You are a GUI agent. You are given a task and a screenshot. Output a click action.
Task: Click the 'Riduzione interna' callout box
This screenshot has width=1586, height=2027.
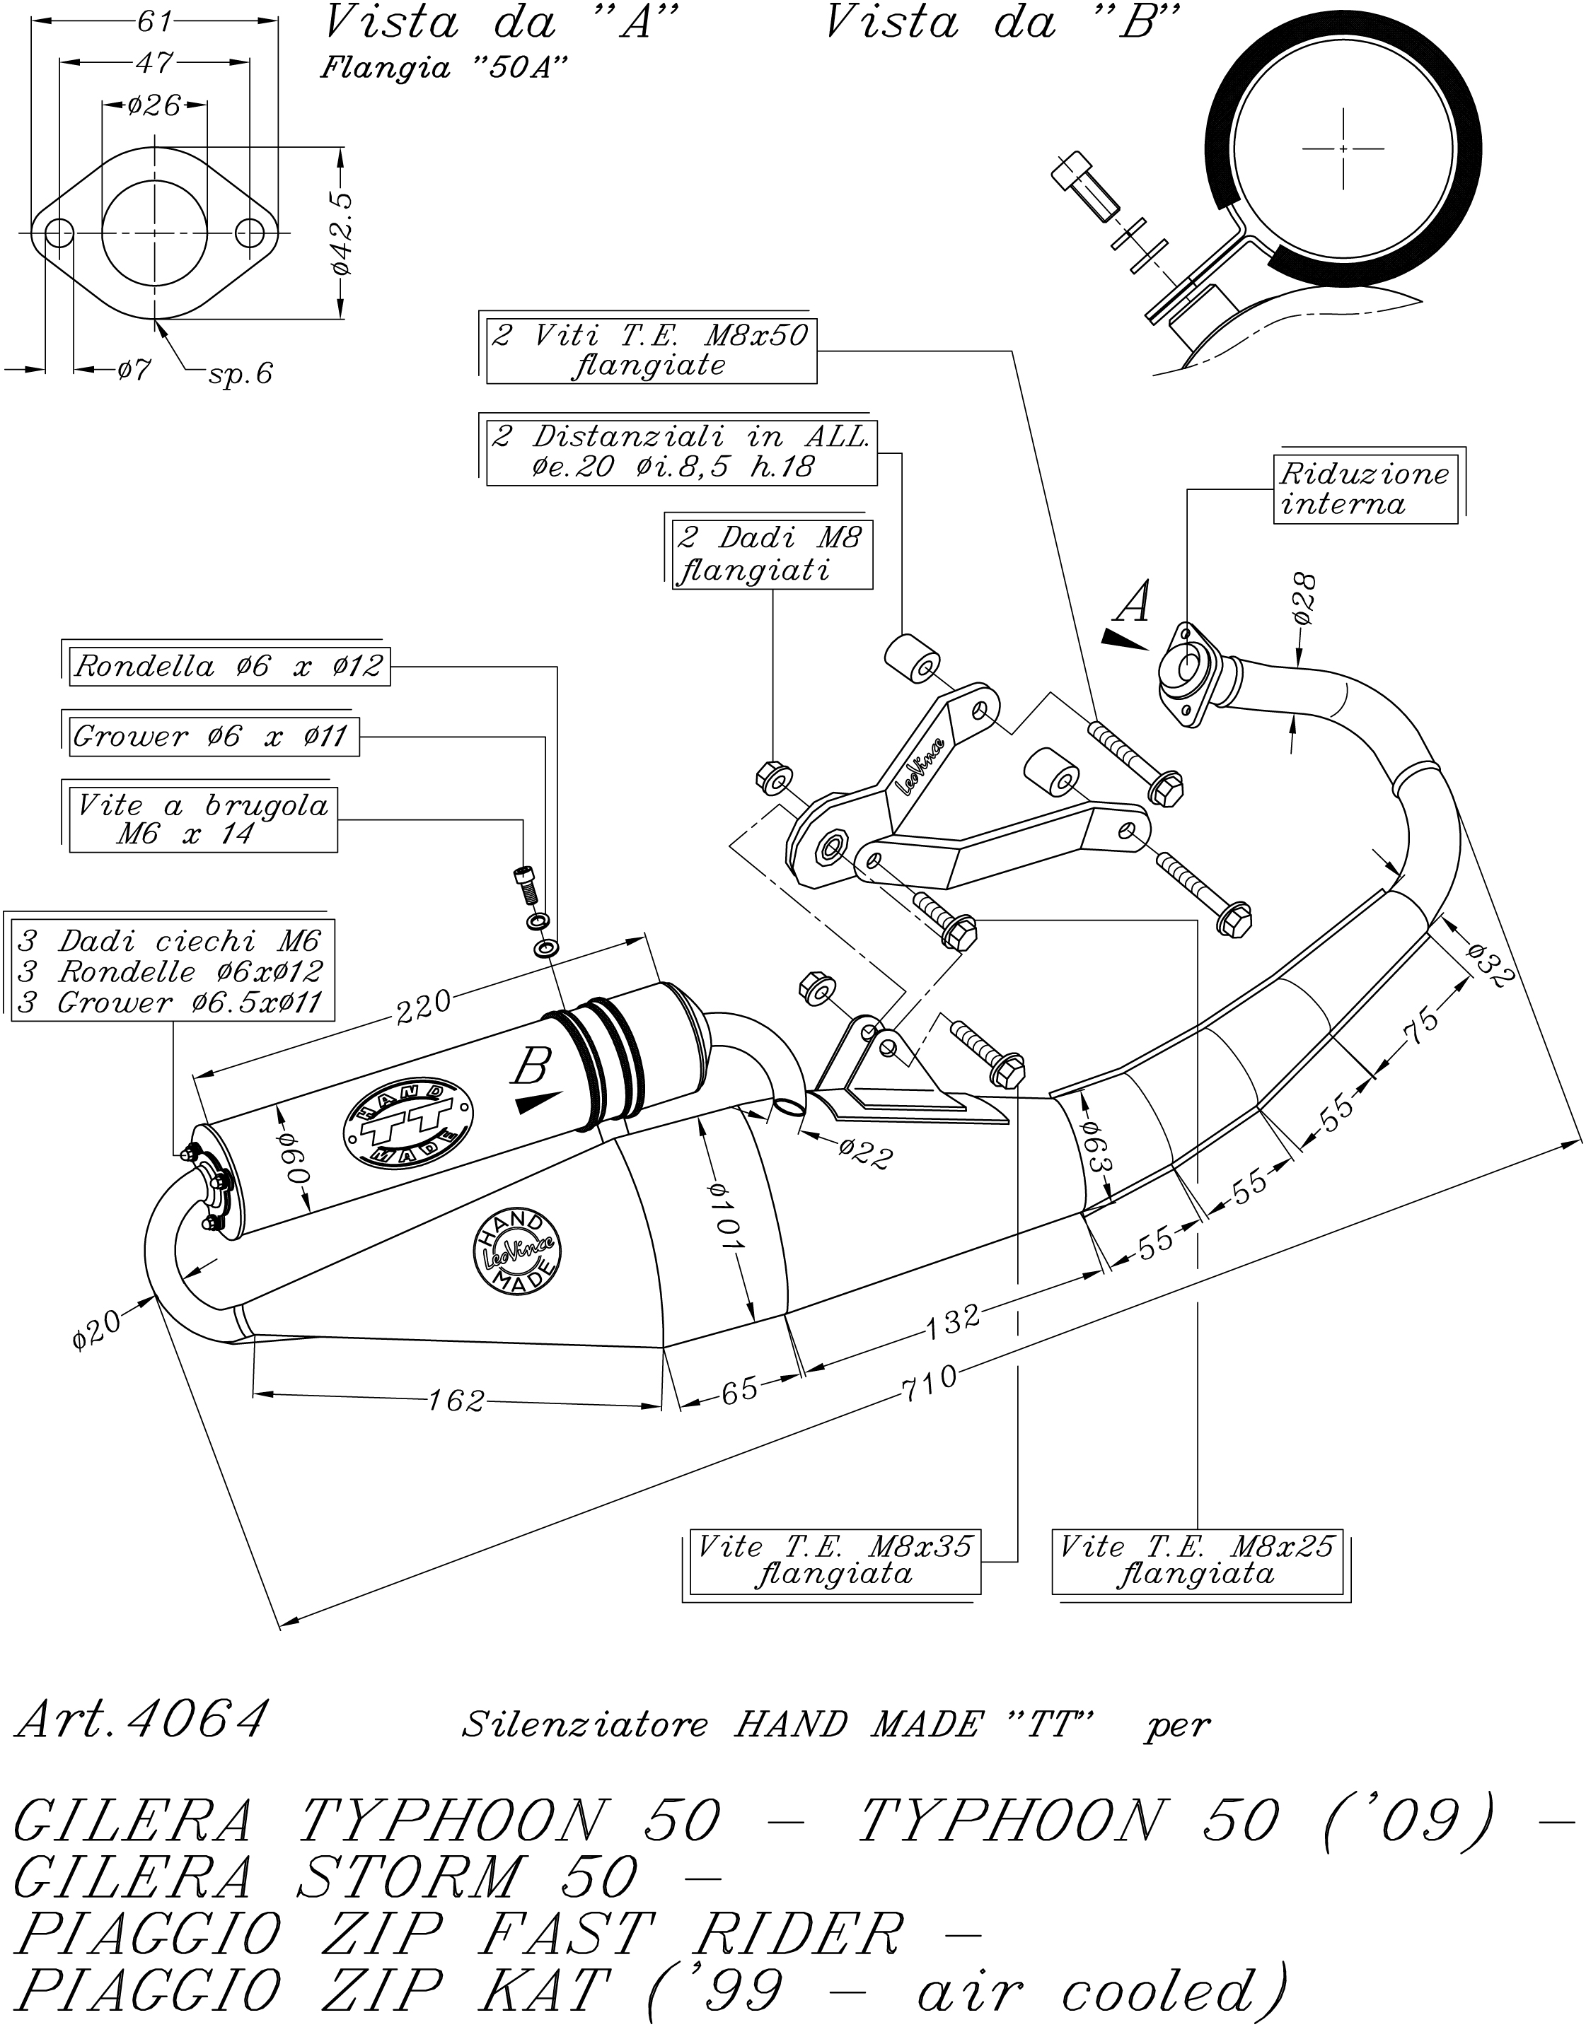coord(1363,490)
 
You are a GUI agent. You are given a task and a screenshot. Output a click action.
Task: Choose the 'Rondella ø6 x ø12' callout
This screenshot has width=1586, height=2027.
coord(228,667)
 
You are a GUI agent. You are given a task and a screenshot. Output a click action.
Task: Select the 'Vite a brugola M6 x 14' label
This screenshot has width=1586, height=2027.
coord(202,819)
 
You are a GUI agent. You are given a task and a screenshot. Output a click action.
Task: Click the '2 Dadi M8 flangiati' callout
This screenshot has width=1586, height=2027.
coord(772,554)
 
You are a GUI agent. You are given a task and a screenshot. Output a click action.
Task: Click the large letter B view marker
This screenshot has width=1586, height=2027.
coord(532,1068)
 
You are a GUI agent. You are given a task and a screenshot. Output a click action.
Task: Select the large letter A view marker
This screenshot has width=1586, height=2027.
coord(1133,603)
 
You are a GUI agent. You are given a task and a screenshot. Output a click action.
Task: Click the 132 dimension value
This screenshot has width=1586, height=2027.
coord(954,1320)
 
